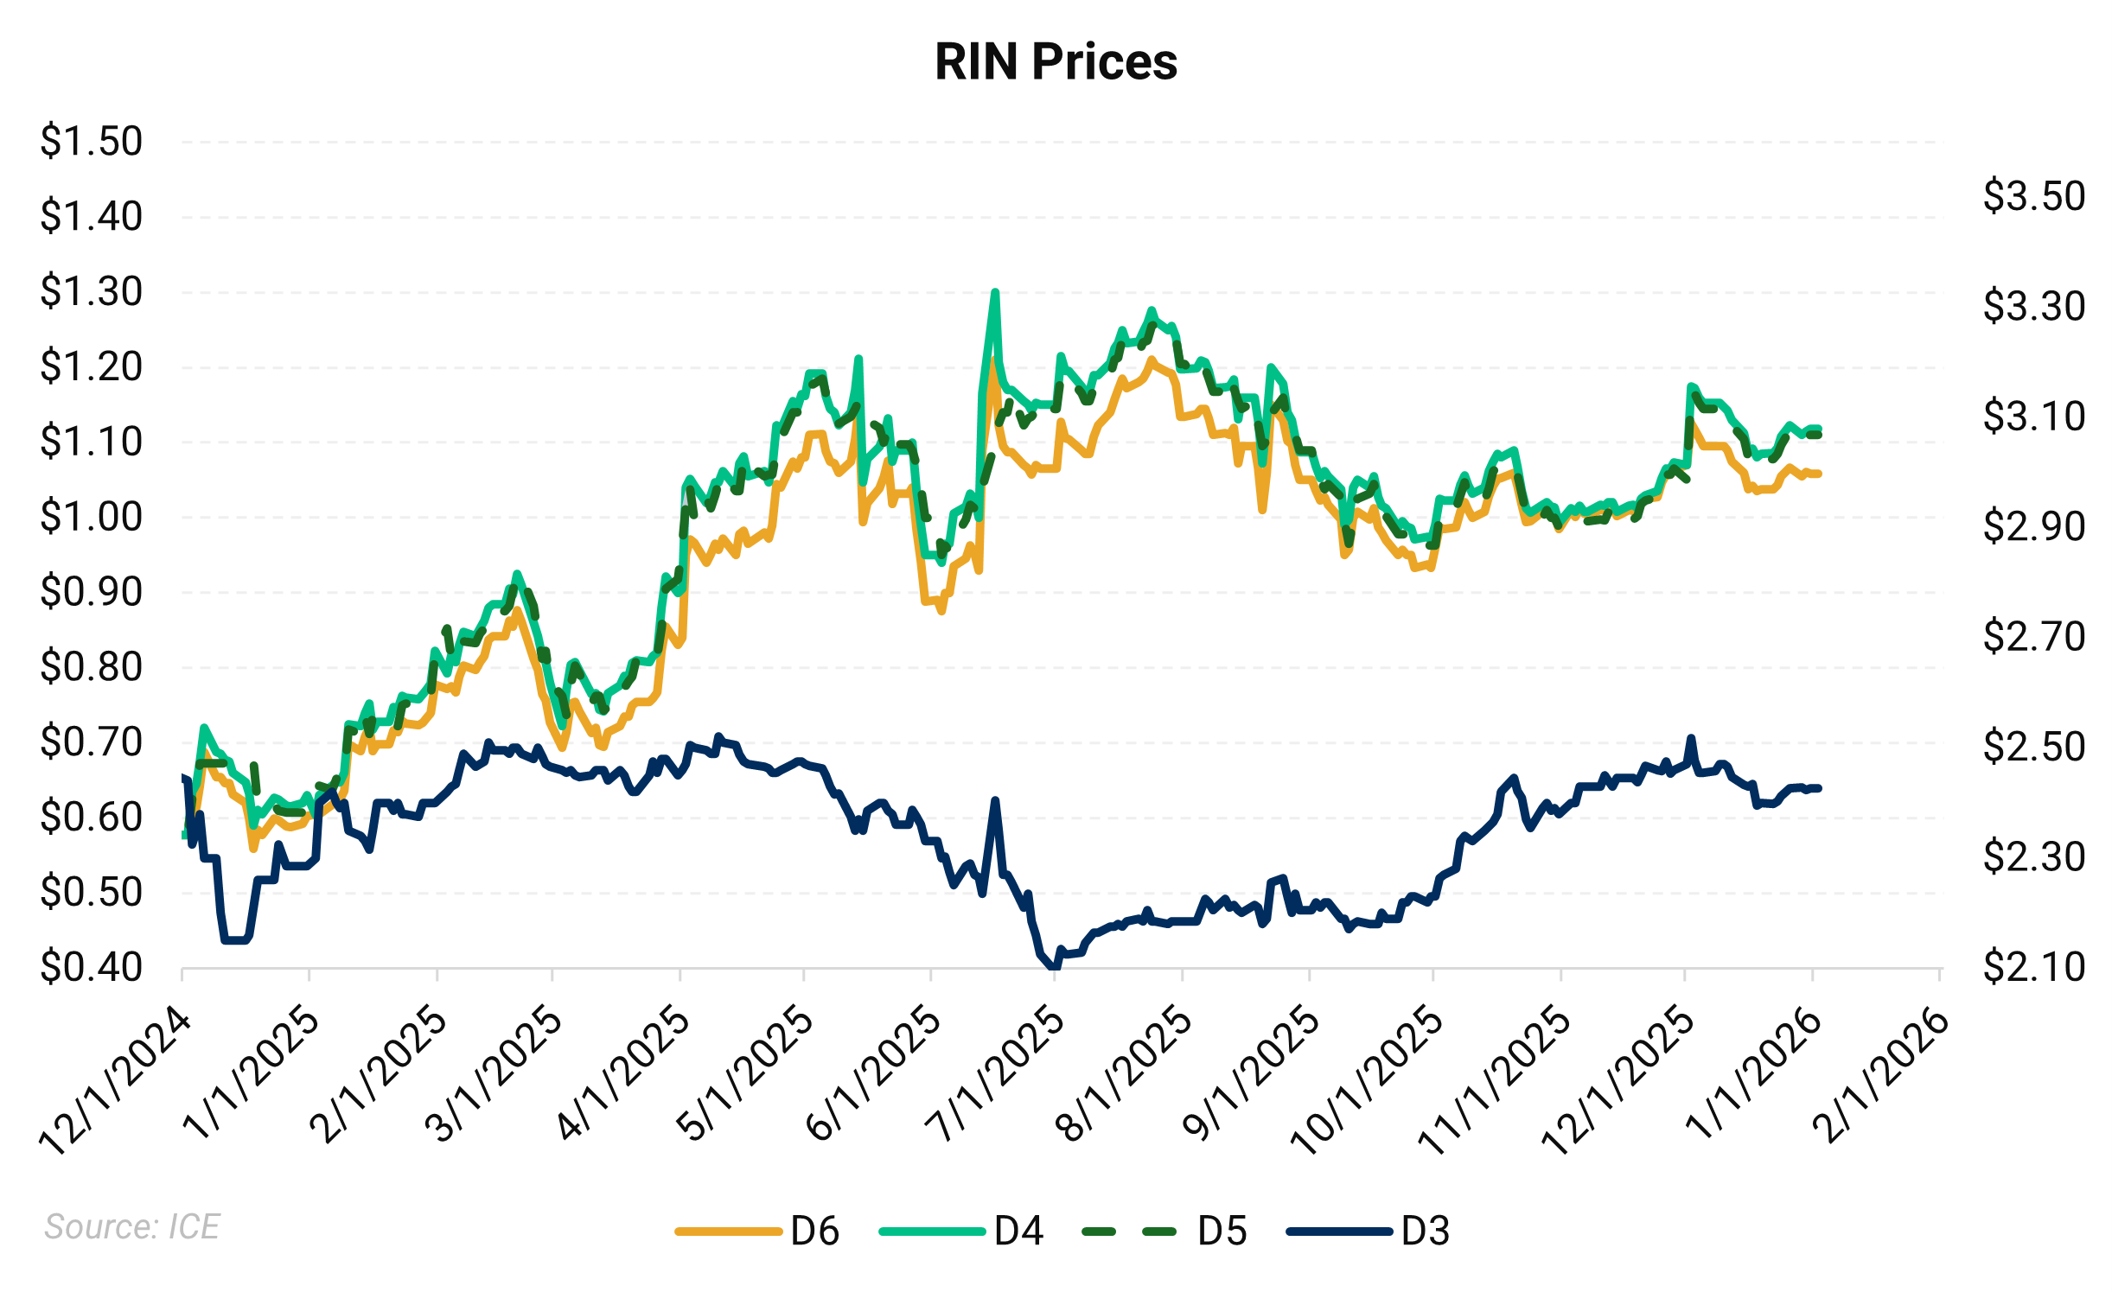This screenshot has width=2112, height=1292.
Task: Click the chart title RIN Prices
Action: [x=1056, y=62]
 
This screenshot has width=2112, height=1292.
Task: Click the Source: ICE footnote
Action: [x=132, y=1226]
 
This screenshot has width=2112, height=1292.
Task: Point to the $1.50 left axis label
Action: [x=91, y=141]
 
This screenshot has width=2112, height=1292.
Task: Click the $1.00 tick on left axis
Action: [x=91, y=517]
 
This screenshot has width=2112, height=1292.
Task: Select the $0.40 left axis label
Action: [x=91, y=967]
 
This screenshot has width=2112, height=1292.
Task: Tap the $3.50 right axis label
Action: [x=2033, y=196]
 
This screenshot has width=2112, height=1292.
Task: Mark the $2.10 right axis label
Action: [x=2033, y=967]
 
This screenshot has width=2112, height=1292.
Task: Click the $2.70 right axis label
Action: [x=2033, y=637]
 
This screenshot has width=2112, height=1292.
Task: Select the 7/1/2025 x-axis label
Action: [x=994, y=1076]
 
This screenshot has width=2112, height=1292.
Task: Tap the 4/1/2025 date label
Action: [x=622, y=1076]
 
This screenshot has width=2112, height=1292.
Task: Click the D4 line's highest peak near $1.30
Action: [x=995, y=292]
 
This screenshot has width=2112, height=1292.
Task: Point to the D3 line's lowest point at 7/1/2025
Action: [x=1052, y=966]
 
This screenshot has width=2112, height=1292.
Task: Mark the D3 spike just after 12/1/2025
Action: [x=1691, y=739]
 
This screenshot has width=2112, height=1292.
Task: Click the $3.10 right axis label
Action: [x=2033, y=417]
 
